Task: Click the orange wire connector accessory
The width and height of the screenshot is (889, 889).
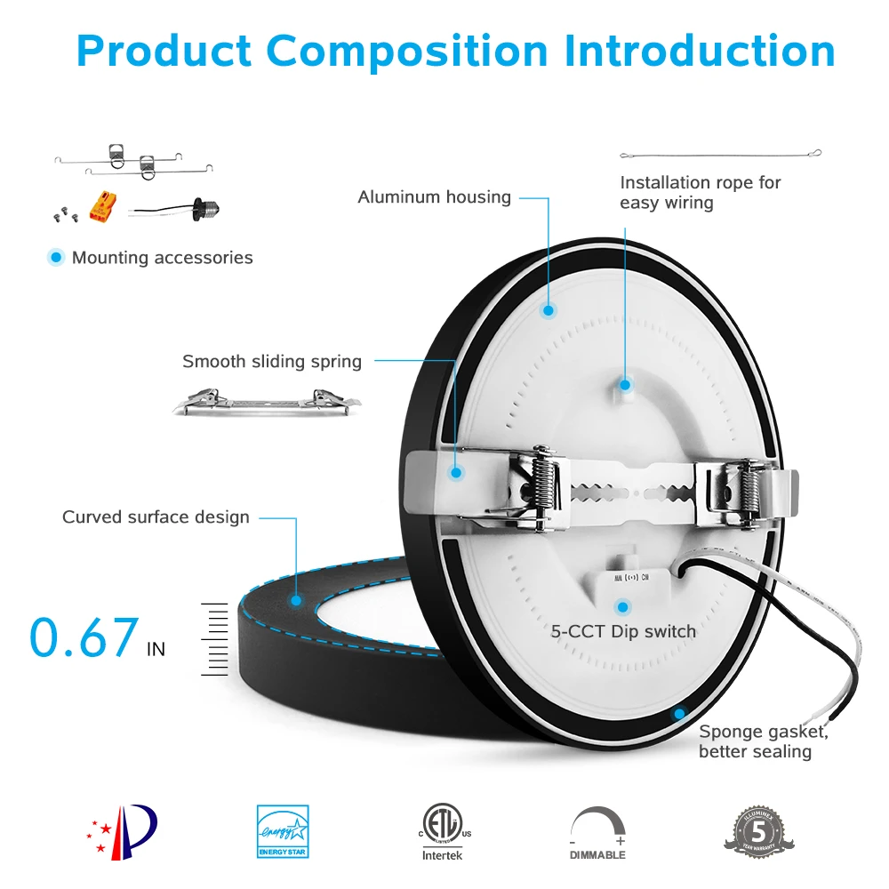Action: [x=100, y=208]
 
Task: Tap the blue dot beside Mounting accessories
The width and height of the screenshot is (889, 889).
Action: [x=57, y=258]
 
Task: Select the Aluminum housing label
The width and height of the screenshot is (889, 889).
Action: [x=434, y=196]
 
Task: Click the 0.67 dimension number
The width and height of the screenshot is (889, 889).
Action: [x=84, y=637]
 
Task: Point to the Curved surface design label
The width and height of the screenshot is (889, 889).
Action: [x=156, y=517]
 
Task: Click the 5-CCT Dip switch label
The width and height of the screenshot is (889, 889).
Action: [x=623, y=631]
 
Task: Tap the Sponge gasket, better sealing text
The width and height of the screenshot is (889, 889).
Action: [x=763, y=741]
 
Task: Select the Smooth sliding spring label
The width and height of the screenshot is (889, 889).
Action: [x=272, y=361]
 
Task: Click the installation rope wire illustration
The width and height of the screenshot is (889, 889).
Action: [x=720, y=154]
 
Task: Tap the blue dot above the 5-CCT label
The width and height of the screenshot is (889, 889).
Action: [x=623, y=607]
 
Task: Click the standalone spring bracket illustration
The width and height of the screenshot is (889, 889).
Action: [x=268, y=403]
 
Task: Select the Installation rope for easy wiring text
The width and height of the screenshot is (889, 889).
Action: [x=700, y=192]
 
